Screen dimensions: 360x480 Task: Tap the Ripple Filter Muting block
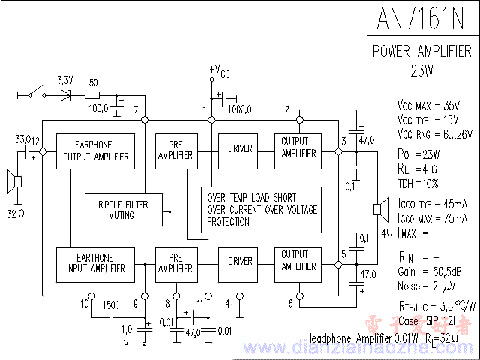point(122,209)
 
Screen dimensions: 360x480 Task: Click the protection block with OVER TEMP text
point(260,209)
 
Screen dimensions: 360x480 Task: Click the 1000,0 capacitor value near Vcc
point(240,109)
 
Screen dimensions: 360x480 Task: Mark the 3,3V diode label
point(65,79)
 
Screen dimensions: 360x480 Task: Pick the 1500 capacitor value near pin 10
point(111,304)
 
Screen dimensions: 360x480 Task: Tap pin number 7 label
point(136,110)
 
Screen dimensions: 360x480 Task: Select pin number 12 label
point(35,140)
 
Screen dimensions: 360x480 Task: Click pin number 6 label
point(290,304)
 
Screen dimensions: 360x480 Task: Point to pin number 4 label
point(229,304)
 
